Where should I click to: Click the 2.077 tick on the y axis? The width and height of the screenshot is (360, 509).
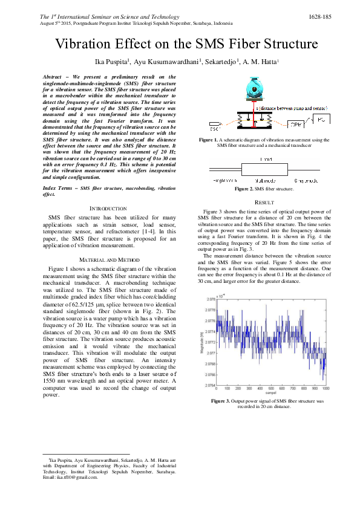[211, 352]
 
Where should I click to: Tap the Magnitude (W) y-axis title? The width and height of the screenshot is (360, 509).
[201, 340]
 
